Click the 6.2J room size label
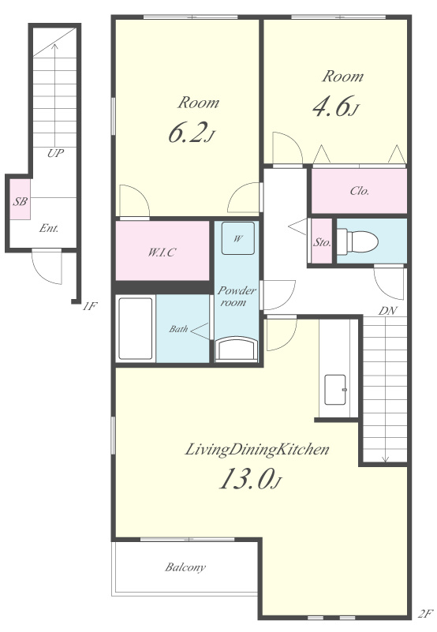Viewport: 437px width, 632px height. click(191, 133)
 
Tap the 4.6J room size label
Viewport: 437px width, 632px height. click(336, 106)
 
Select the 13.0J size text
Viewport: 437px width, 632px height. click(250, 479)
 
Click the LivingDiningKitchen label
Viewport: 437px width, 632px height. click(257, 450)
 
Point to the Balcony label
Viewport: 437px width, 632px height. click(185, 567)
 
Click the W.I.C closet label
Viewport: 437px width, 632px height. click(162, 252)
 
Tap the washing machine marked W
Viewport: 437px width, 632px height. click(238, 238)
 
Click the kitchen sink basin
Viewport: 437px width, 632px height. click(335, 390)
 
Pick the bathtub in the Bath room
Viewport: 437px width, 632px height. click(136, 328)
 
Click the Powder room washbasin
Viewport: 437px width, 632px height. click(237, 349)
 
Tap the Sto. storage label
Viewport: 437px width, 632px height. click(322, 243)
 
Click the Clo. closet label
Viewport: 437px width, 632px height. click(360, 191)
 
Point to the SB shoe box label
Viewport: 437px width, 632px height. click(20, 201)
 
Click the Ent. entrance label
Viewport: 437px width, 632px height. click(49, 228)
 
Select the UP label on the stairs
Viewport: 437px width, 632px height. click(55, 153)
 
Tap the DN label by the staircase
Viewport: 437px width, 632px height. click(387, 311)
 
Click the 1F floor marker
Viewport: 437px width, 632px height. click(90, 306)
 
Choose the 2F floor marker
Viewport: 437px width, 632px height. click(425, 614)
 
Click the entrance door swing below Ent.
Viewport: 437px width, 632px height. click(47, 267)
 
